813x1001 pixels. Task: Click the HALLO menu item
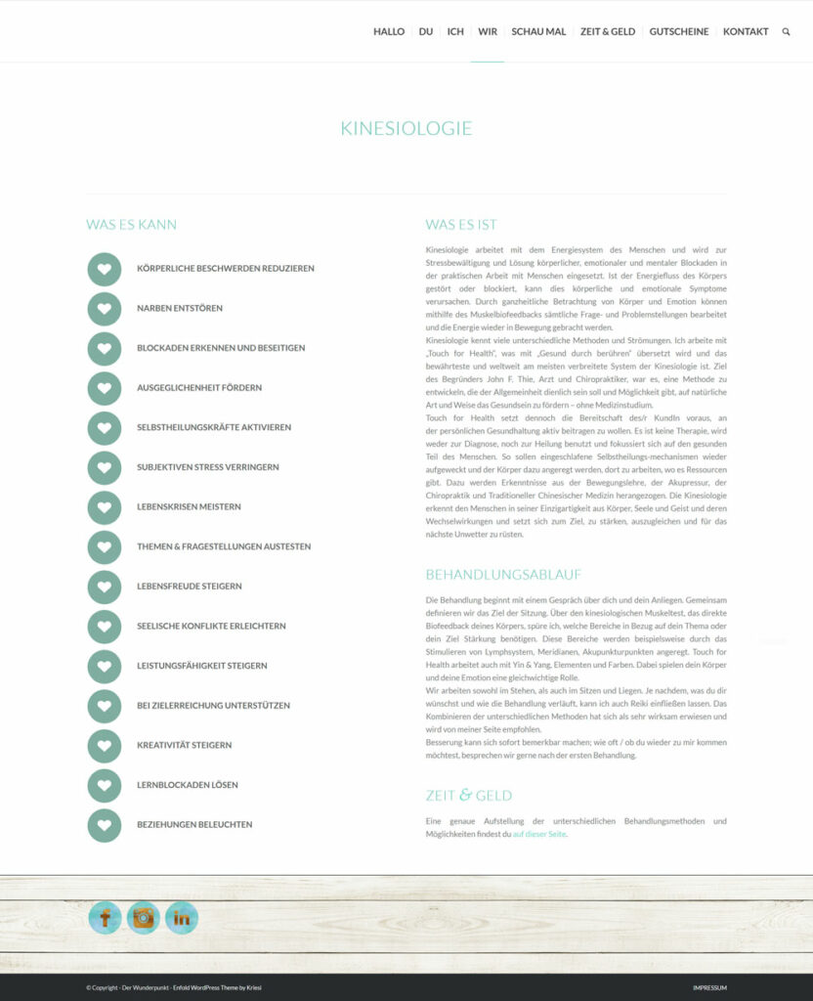click(x=388, y=32)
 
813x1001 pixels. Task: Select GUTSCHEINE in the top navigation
click(x=678, y=32)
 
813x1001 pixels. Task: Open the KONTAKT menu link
click(x=746, y=32)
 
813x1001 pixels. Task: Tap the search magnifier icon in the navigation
click(x=786, y=32)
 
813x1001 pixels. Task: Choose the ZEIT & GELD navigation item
click(x=607, y=32)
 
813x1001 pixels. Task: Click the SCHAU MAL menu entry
click(x=538, y=32)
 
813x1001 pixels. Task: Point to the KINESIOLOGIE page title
click(x=406, y=128)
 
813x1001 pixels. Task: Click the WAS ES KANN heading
click(x=131, y=225)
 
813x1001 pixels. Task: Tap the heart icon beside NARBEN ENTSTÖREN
click(x=105, y=309)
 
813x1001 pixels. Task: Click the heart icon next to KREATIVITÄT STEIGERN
click(x=105, y=746)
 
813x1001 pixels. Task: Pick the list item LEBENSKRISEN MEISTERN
click(x=189, y=507)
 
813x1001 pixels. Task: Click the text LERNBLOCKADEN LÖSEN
click(x=187, y=785)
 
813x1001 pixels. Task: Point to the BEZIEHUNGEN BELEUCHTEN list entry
click(x=194, y=825)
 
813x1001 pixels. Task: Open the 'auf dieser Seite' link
click(x=539, y=835)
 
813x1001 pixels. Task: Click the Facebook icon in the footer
click(x=106, y=918)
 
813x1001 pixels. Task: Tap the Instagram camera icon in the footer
click(x=144, y=918)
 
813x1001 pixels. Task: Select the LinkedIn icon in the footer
click(x=182, y=918)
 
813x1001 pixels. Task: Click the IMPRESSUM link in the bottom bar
click(x=709, y=988)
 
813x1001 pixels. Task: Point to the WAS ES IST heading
click(x=461, y=225)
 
